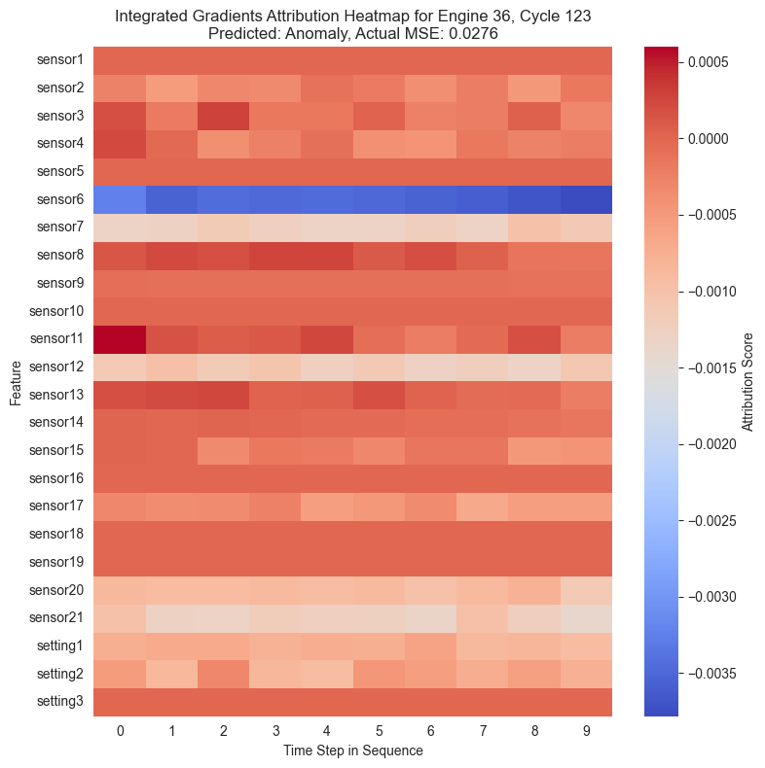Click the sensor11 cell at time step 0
[x=120, y=339]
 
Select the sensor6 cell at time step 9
[x=586, y=199]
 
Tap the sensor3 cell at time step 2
[x=223, y=116]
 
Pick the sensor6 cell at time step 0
[x=120, y=199]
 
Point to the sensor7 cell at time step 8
[x=534, y=227]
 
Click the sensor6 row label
[x=59, y=199]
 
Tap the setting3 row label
[x=59, y=702]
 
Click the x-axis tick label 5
[x=379, y=729]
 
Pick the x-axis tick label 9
[x=586, y=729]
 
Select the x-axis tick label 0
[x=120, y=729]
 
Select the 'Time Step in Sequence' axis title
[x=352, y=751]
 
